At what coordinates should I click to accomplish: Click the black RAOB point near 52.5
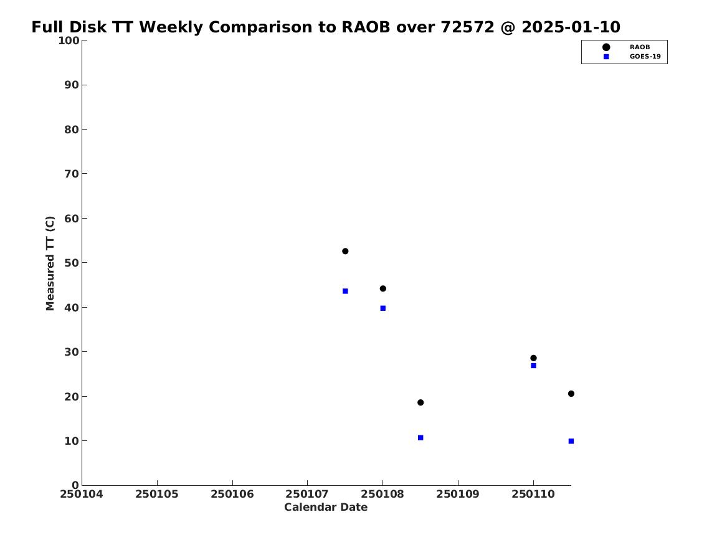point(345,251)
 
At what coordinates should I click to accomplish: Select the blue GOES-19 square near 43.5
point(345,291)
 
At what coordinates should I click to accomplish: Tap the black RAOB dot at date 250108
point(383,289)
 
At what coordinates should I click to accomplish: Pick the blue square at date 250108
point(383,308)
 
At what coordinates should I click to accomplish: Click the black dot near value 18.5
point(421,403)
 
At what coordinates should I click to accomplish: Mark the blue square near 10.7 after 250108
point(421,437)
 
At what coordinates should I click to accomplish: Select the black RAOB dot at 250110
point(533,358)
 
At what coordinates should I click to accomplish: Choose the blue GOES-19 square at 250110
point(533,366)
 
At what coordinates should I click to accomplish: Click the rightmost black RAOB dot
point(571,394)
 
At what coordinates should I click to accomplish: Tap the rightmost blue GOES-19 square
point(571,441)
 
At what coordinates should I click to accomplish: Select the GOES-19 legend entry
point(631,57)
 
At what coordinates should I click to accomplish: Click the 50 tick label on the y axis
point(72,263)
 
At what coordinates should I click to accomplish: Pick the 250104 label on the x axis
point(82,495)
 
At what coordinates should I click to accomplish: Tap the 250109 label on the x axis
point(458,495)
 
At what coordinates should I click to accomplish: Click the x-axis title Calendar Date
point(326,508)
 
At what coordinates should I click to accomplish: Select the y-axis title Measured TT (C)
point(50,263)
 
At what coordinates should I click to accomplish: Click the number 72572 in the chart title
point(467,27)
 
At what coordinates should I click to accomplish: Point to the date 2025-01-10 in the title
point(571,27)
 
